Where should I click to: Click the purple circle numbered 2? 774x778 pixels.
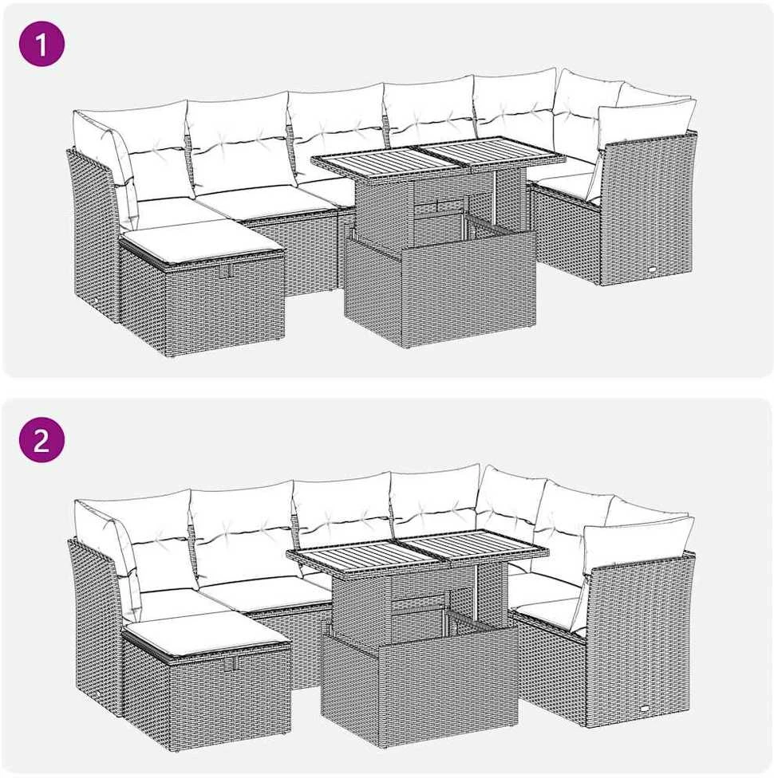pyautogui.click(x=41, y=439)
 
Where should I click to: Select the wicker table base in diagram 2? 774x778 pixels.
pyautogui.click(x=421, y=679)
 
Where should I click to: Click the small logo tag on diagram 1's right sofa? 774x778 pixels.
pyautogui.click(x=651, y=270)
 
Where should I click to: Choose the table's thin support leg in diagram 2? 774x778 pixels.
pyautogui.click(x=479, y=589)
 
